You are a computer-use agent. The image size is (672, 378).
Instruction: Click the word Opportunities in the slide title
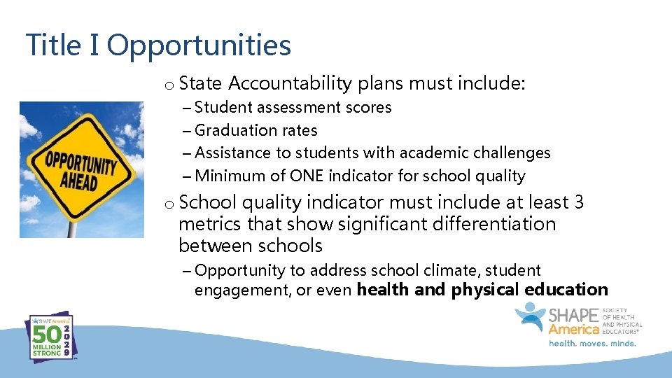click(199, 46)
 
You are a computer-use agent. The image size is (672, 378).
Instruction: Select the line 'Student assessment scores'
click(293, 108)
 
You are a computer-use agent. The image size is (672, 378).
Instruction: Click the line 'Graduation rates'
click(255, 130)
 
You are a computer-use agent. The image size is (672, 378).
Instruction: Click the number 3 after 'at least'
click(578, 202)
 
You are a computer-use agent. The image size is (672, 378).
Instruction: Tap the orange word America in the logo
click(573, 329)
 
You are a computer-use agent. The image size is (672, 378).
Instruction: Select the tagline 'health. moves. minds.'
click(591, 343)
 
